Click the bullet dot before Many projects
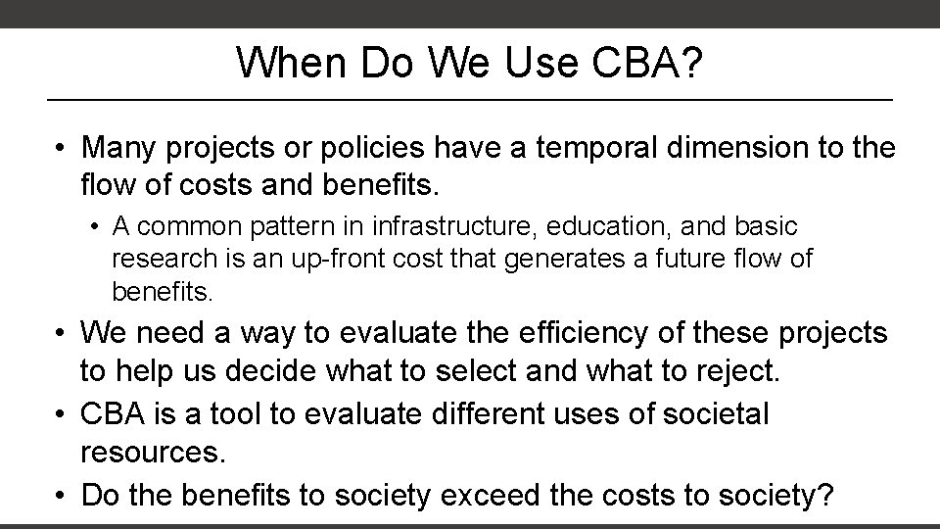pyautogui.click(x=61, y=149)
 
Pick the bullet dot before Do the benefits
pyautogui.click(x=61, y=496)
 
